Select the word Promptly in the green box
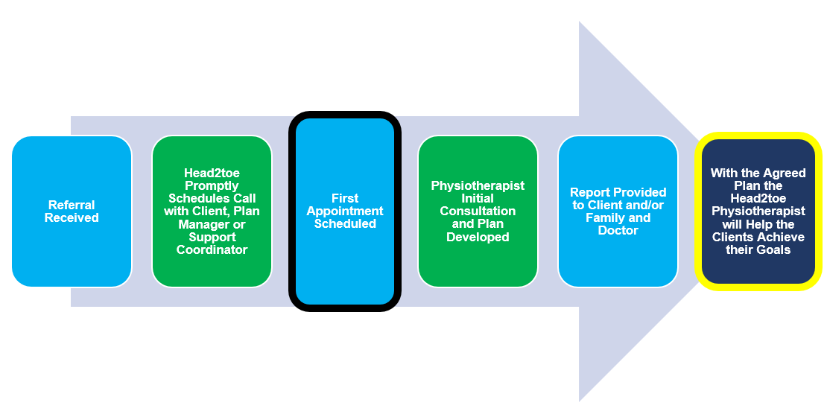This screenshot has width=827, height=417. click(x=212, y=185)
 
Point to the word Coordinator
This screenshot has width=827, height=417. click(x=212, y=249)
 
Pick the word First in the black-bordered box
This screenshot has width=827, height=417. click(x=345, y=198)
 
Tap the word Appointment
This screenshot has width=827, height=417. click(x=345, y=211)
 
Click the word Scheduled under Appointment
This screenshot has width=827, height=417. click(x=345, y=223)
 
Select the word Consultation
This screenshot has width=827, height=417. click(x=478, y=211)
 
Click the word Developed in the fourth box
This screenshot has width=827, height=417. click(x=478, y=237)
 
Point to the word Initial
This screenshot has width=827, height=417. click(x=478, y=198)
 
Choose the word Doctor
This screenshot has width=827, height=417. click(x=618, y=231)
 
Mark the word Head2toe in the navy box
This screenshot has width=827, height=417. click(x=758, y=198)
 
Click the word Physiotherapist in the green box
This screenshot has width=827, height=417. click(x=478, y=185)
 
